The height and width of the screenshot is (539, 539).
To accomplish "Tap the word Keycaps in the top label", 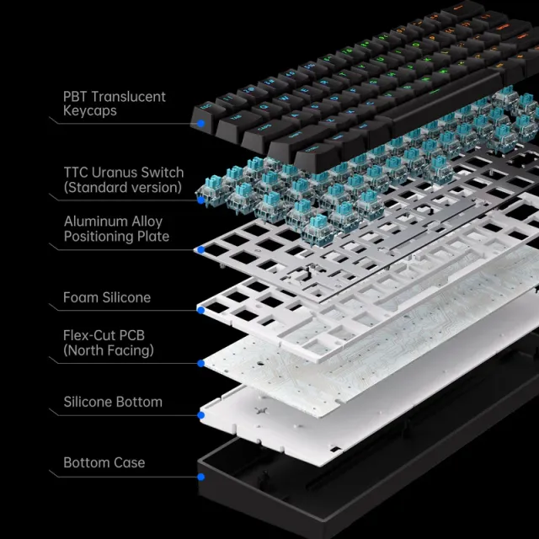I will point(90,111).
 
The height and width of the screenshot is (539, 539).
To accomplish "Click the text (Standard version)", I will point(122,187).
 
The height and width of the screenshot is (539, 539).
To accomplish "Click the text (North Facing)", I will point(109,350).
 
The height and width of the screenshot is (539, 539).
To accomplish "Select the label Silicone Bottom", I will point(113,402).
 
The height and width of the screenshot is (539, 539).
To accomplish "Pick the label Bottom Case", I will point(104,462).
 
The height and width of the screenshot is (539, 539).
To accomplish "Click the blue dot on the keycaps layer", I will point(202,123).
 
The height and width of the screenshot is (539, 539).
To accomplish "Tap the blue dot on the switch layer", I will point(200,200).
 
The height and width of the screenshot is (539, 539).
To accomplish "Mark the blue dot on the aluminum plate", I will point(200,250).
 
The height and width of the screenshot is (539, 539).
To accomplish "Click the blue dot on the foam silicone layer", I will point(200,311).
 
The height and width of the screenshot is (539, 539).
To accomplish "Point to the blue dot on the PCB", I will point(200,364).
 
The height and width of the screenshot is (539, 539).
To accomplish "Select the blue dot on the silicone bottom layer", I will point(201,415).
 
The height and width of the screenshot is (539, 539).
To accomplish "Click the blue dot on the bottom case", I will point(201,477).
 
